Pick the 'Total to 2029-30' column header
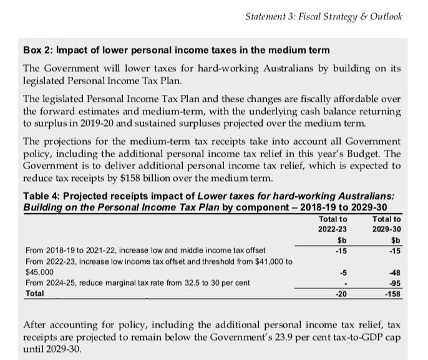[x=386, y=224]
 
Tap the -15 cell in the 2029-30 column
[x=393, y=251]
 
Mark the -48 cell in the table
[x=393, y=272]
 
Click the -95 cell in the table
[x=393, y=283]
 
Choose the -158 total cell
[x=392, y=293]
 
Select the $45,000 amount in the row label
[x=39, y=272]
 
